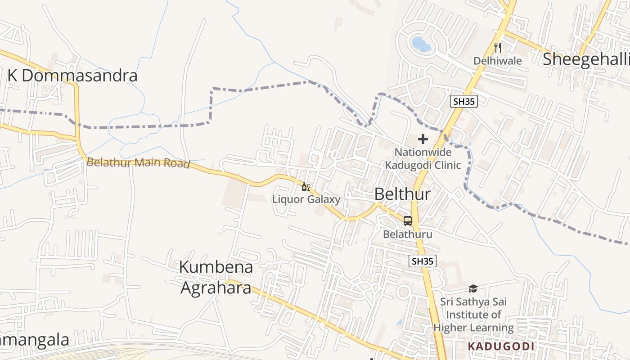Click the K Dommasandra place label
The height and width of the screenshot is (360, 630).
tap(72, 76)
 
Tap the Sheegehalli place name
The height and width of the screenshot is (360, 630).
tap(586, 59)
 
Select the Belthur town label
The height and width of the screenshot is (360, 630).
tap(402, 194)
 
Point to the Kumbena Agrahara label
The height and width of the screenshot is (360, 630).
tap(216, 277)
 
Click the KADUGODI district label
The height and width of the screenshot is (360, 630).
tap(501, 346)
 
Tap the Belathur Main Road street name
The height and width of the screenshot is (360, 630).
tap(138, 162)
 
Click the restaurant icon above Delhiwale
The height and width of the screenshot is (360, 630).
tap(497, 48)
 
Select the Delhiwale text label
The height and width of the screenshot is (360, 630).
tap(497, 61)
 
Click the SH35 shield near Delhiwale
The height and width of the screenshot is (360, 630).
tap(463, 101)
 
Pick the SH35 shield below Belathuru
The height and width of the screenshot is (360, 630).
tap(423, 261)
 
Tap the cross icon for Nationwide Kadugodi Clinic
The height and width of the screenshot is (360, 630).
tap(423, 139)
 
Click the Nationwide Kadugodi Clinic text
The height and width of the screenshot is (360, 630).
tap(423, 158)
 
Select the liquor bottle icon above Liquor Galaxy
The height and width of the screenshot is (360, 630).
tap(306, 187)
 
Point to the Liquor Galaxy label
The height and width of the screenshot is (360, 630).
tap(306, 199)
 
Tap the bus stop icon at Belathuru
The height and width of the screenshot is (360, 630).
tap(408, 221)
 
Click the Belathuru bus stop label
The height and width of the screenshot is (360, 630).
tap(408, 234)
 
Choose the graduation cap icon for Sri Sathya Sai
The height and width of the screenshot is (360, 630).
tap(473, 288)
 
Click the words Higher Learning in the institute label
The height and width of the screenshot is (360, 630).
tap(473, 328)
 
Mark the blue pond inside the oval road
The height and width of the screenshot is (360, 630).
tap(421, 44)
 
